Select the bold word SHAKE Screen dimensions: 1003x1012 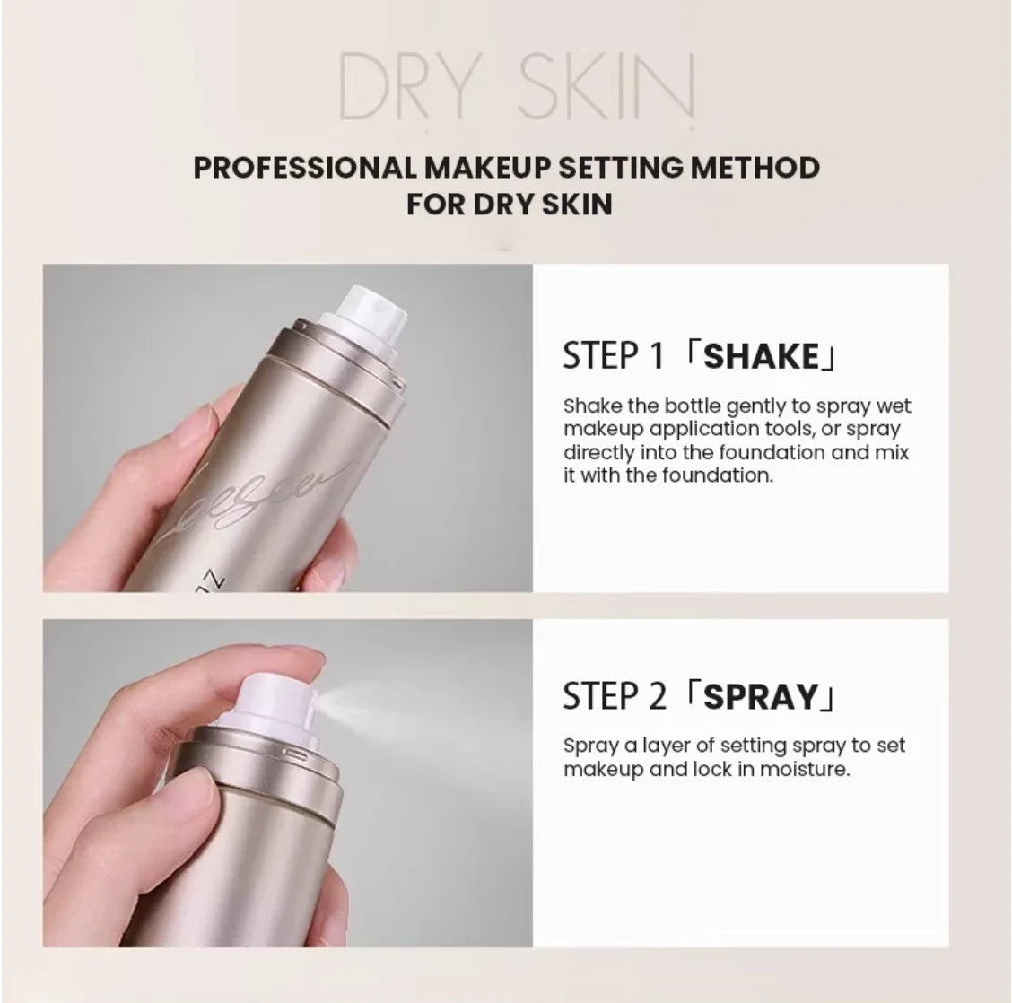pos(762,356)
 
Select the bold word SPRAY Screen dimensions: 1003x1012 pos(762,696)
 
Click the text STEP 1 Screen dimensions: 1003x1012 pos(613,356)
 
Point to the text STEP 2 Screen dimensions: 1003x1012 pos(615,696)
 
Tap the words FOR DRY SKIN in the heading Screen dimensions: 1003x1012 pos(509,204)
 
